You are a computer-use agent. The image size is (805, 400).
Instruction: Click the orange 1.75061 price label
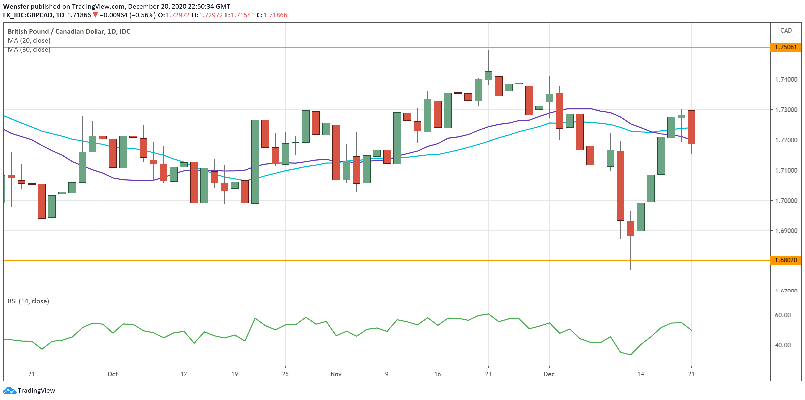pyautogui.click(x=786, y=47)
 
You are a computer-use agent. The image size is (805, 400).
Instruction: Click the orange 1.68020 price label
pyautogui.click(x=786, y=260)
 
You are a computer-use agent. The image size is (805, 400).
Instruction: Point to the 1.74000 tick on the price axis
pyautogui.click(x=786, y=79)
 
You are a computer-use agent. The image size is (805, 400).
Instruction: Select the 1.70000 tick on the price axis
pyautogui.click(x=786, y=201)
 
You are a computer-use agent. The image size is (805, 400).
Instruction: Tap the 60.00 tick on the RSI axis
pyautogui.click(x=783, y=315)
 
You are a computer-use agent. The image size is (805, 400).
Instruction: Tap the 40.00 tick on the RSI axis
pyautogui.click(x=783, y=345)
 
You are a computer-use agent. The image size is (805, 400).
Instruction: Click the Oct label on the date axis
pyautogui.click(x=113, y=374)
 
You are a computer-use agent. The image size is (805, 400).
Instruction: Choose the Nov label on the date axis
pyautogui.click(x=336, y=374)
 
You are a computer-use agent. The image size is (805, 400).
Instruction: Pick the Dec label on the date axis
pyautogui.click(x=549, y=374)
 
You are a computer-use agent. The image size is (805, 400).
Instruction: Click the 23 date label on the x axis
pyautogui.click(x=488, y=374)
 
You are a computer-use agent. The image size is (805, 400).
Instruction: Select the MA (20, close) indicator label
pyautogui.click(x=29, y=40)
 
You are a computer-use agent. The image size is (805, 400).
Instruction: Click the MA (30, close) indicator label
pyautogui.click(x=29, y=50)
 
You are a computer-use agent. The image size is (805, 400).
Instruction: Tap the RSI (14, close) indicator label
pyautogui.click(x=28, y=301)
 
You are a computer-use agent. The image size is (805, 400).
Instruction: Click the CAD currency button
pyautogui.click(x=786, y=31)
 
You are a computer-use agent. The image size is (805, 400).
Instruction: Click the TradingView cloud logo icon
pyautogui.click(x=9, y=390)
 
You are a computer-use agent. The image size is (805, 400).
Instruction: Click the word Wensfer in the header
pyautogui.click(x=16, y=6)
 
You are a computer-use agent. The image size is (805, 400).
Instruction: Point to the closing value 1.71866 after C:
pyautogui.click(x=275, y=15)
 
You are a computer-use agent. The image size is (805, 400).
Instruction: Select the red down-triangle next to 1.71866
pyautogui.click(x=95, y=15)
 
